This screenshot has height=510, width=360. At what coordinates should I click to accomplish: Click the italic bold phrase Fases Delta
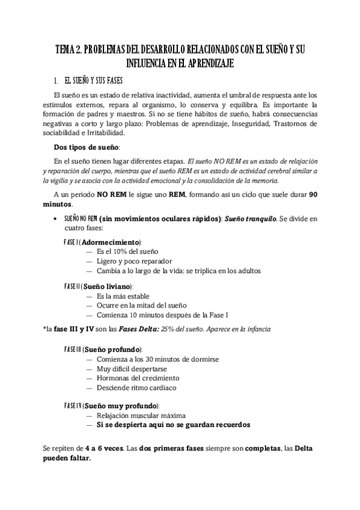click(140, 329)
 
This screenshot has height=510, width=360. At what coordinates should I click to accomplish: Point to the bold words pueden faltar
click(67, 458)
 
